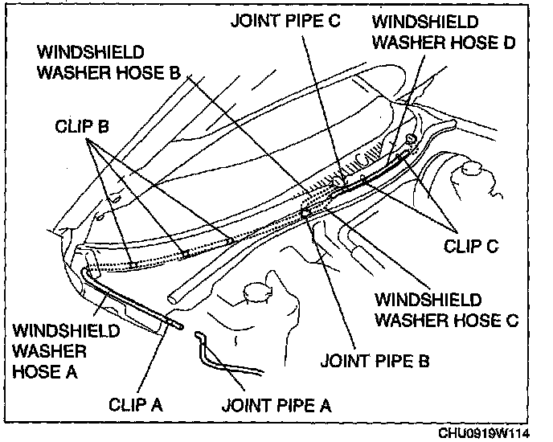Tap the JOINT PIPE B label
click(x=375, y=361)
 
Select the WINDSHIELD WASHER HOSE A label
click(x=67, y=351)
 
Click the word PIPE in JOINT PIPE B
click(x=391, y=361)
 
